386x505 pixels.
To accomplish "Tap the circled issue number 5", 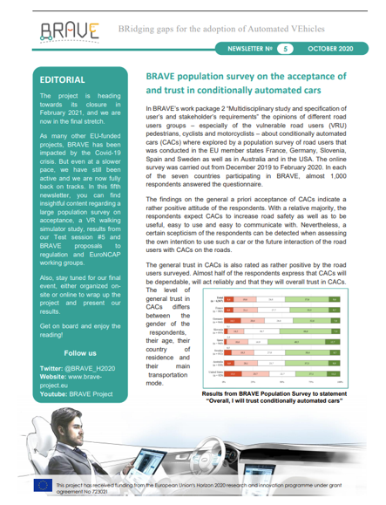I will (x=283, y=51).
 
